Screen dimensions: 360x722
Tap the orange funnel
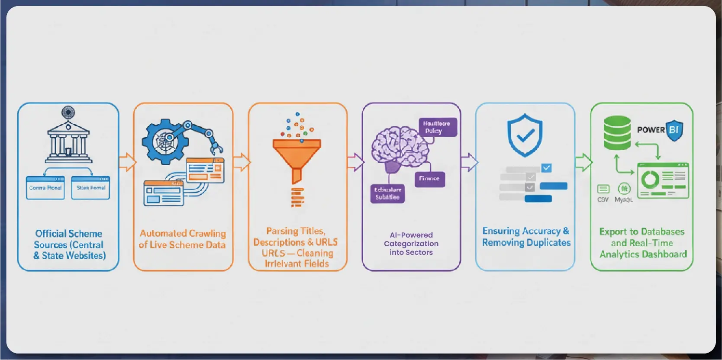(297, 156)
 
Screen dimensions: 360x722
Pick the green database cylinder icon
(617, 133)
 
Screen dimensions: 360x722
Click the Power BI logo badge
(674, 130)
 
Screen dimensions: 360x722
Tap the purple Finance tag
(429, 179)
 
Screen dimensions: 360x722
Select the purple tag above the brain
(437, 127)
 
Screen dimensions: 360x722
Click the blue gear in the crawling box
(163, 141)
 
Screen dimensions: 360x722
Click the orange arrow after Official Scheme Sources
(127, 162)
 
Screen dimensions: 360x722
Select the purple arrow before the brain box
(355, 162)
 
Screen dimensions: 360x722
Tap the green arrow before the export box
(583, 162)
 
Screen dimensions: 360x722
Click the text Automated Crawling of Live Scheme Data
(182, 239)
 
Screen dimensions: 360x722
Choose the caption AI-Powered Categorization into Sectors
(411, 244)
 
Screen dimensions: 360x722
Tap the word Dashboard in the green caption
(666, 254)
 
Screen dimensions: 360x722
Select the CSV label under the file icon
(603, 200)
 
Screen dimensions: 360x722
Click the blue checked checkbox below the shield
(546, 168)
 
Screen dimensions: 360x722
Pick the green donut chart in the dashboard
(650, 179)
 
